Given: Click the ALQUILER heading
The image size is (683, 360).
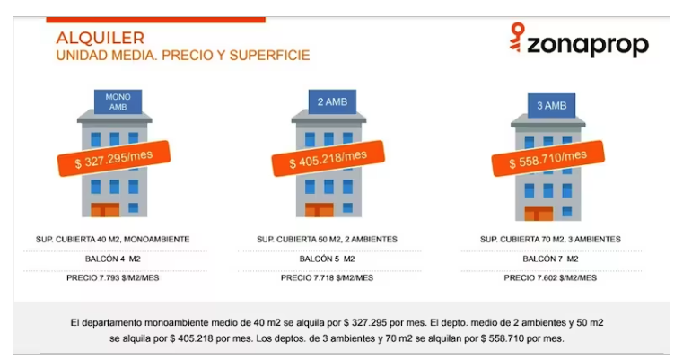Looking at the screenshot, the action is click(101, 38).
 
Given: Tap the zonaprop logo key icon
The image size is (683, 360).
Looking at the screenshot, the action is click(517, 38).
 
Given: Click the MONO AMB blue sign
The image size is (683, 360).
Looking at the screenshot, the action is click(118, 102).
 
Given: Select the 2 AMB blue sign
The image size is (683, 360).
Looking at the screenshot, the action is click(332, 102).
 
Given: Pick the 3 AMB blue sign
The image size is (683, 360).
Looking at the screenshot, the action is click(551, 105).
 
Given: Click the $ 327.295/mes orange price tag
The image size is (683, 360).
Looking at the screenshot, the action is click(114, 159).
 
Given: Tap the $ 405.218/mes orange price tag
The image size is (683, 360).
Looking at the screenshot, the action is click(328, 159).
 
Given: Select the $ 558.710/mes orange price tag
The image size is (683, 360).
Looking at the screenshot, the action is click(548, 159).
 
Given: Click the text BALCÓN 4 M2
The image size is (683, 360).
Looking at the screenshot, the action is click(113, 259).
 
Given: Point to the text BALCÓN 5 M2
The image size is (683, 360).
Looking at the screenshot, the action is click(327, 259).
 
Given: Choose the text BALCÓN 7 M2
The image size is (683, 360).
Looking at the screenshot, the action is click(550, 259).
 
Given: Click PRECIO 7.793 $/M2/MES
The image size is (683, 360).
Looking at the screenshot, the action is click(113, 278).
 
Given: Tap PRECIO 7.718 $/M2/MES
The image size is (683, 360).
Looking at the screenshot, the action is click(327, 278).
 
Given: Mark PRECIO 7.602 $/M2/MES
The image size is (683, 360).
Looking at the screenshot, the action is click(550, 278).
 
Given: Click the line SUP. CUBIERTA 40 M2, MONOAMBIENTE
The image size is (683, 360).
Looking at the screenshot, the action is click(113, 240).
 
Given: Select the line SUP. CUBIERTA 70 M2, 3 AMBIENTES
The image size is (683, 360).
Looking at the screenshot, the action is click(550, 240).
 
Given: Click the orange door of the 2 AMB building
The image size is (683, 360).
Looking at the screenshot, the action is click(320, 210).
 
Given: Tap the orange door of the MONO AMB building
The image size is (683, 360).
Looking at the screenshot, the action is click(105, 210).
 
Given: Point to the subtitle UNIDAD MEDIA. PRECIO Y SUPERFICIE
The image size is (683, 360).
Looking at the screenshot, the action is click(183, 56).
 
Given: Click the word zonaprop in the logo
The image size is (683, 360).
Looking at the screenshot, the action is click(588, 45).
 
